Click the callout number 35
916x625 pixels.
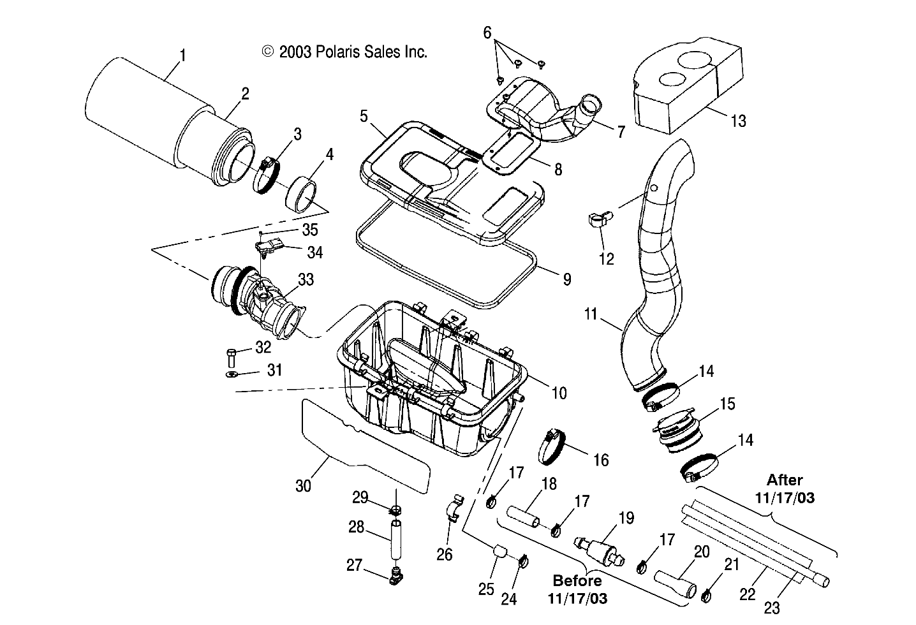[309, 230]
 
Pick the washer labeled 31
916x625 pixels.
[232, 374]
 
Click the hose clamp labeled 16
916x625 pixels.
[552, 446]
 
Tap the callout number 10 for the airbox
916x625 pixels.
[559, 393]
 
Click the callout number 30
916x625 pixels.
[303, 485]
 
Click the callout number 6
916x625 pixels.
[487, 32]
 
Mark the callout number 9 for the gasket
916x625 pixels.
[567, 279]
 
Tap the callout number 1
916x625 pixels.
[182, 55]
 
